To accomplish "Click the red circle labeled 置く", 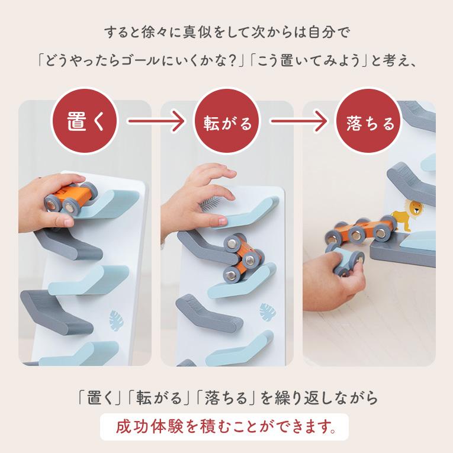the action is click(x=85, y=121).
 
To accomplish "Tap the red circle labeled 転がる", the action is click(x=226, y=121).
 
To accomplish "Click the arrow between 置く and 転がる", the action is click(x=156, y=121).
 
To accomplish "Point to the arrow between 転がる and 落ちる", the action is click(x=298, y=121).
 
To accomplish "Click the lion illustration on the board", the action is click(x=407, y=215).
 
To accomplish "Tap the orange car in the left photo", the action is click(x=72, y=198).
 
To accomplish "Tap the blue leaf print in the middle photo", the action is click(x=268, y=312).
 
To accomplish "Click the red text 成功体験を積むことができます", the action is click(x=226, y=427).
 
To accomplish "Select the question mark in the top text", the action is click(x=232, y=61).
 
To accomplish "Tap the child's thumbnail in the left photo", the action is click(x=68, y=223).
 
